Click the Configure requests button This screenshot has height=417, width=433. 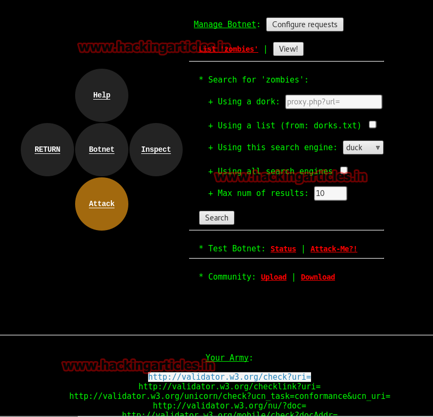tap(305, 24)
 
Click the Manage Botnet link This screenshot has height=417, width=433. tap(225, 24)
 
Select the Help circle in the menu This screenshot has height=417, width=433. tap(102, 95)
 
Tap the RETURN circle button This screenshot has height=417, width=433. tap(47, 150)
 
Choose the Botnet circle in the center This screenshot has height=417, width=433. tap(102, 150)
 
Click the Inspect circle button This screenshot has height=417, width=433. tap(156, 150)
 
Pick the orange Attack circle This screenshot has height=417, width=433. tap(102, 204)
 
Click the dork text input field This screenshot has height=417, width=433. tap(333, 102)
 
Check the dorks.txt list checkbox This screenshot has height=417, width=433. tap(373, 125)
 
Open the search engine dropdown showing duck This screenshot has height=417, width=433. tap(363, 148)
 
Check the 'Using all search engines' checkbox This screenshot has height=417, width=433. tap(344, 170)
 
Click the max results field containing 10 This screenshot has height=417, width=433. tap(330, 193)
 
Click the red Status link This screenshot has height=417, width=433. tap(283, 249)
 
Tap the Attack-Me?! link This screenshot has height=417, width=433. tap(334, 249)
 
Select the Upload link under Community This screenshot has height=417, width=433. tap(274, 277)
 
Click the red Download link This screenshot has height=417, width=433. tap(318, 277)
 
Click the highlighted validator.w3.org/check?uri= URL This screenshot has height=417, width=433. tap(230, 377)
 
